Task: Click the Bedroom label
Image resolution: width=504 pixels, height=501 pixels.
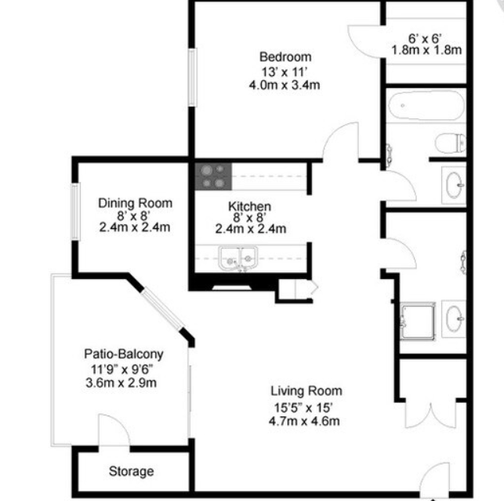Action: pos(285,56)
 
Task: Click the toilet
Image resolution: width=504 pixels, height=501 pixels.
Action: pos(450,143)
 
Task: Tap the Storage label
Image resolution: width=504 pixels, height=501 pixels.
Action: pos(131,472)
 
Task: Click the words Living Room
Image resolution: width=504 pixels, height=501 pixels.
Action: pos(306,390)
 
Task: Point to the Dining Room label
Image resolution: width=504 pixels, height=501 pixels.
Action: pos(135,203)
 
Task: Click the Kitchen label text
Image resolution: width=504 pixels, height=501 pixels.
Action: pos(250,205)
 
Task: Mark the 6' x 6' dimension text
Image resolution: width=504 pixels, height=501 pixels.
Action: pos(426,38)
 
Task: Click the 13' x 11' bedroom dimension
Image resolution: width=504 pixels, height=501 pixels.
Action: pos(285,71)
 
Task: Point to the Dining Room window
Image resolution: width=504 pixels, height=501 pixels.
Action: pos(75,212)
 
